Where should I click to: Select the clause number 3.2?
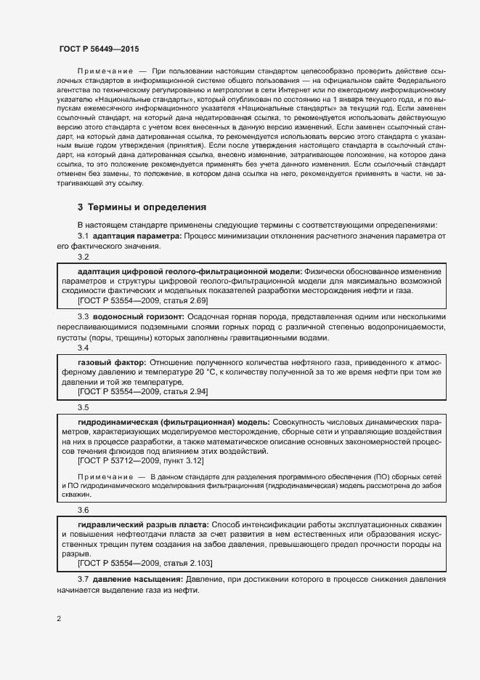83,257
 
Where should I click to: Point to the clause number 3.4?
83,348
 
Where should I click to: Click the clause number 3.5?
83,407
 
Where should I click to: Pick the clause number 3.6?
83,511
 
